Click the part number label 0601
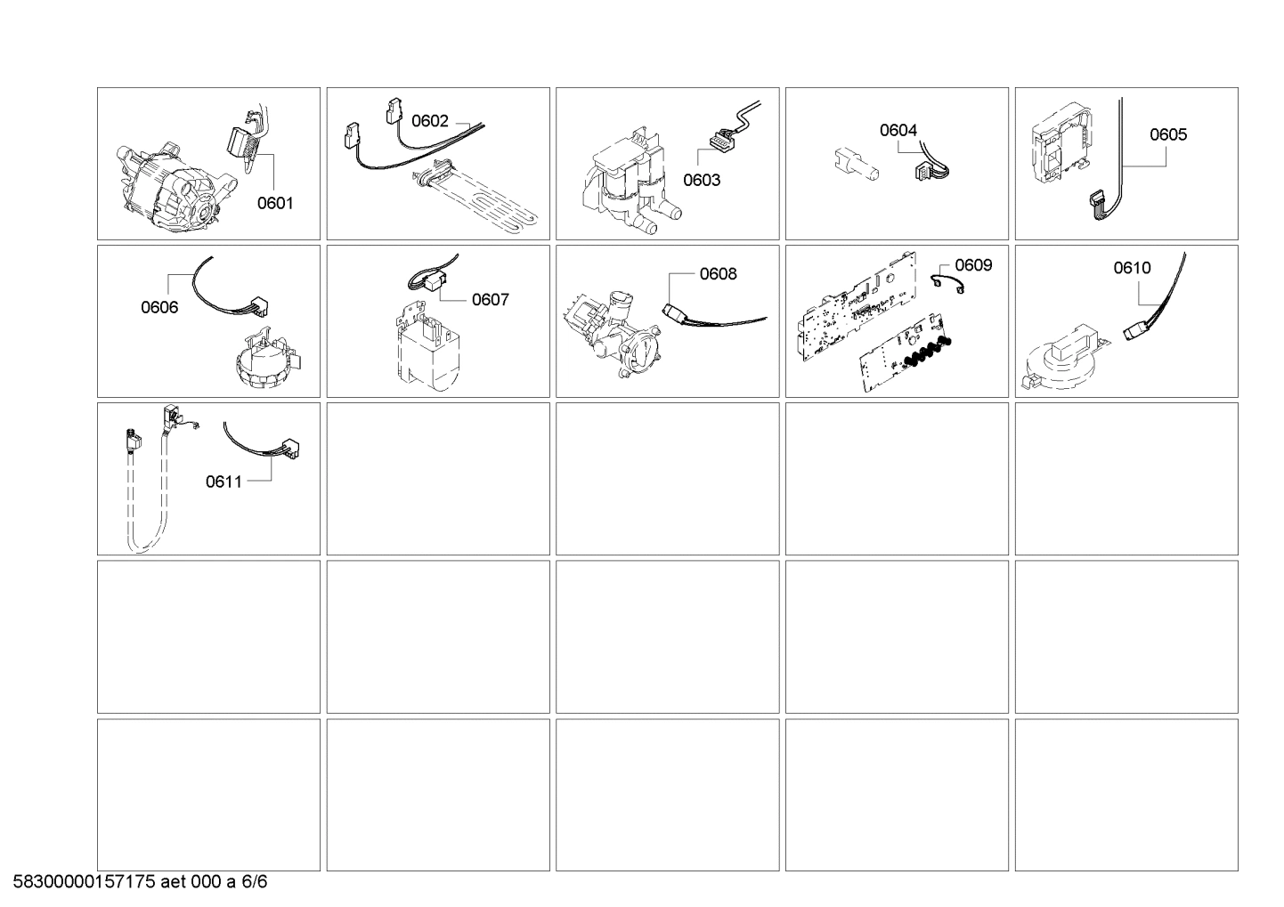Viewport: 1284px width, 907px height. click(275, 203)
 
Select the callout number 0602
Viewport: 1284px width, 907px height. click(429, 121)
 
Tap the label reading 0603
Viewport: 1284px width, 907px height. click(702, 180)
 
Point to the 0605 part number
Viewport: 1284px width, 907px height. click(1167, 134)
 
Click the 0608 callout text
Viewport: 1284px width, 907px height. click(718, 274)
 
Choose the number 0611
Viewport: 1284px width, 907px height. click(223, 482)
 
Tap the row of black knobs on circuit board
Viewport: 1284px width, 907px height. click(926, 350)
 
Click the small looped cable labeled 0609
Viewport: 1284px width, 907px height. click(948, 283)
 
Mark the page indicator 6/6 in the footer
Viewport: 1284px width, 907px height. click(255, 883)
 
